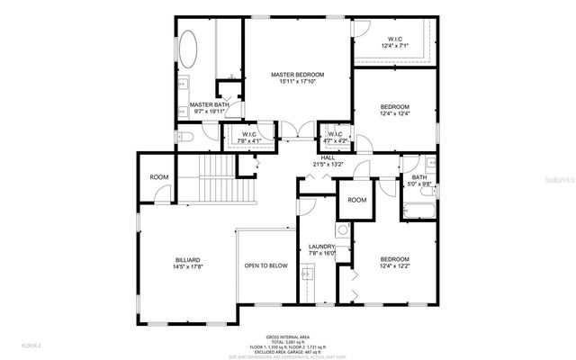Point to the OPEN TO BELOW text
[265, 265]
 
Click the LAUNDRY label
[322, 250]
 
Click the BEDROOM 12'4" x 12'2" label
[394, 263]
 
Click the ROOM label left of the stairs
[159, 177]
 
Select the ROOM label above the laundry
[357, 200]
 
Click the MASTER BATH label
[206, 108]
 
